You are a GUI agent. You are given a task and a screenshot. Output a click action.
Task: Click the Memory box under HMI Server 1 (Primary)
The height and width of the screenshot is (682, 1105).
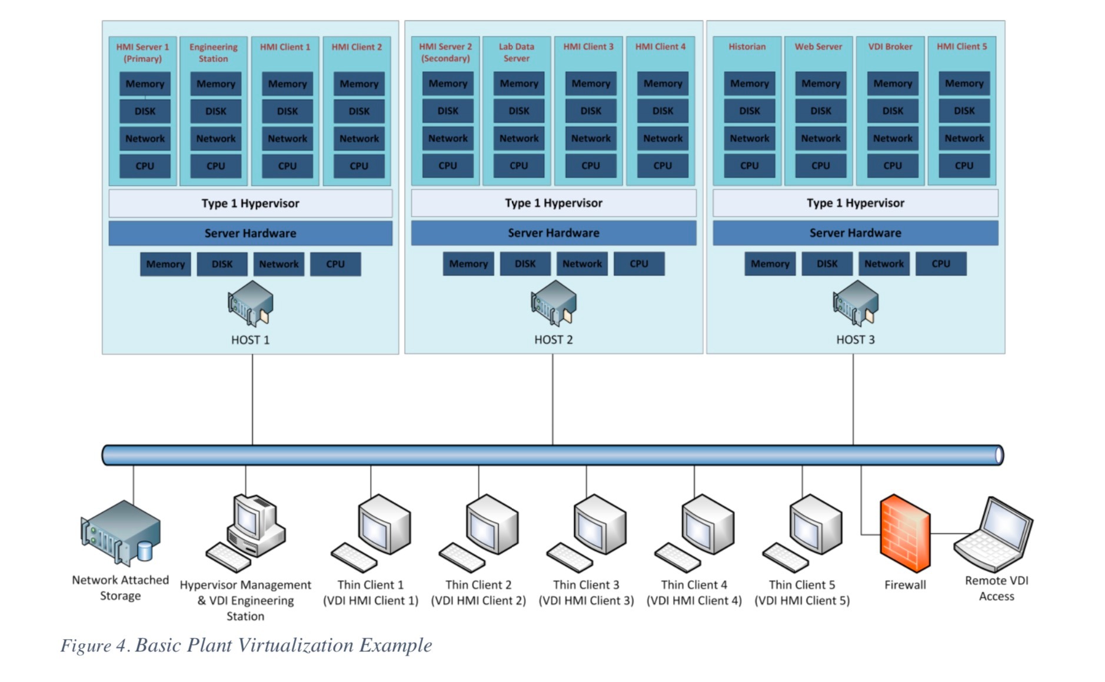[x=145, y=84]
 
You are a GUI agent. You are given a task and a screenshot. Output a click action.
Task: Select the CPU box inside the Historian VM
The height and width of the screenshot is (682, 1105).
[x=749, y=166]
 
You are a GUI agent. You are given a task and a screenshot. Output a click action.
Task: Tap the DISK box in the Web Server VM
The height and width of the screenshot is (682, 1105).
[x=820, y=111]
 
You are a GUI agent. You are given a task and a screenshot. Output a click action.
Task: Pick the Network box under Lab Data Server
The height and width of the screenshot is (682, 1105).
[x=518, y=138]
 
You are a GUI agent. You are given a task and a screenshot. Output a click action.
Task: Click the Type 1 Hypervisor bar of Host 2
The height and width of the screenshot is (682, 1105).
[x=553, y=203]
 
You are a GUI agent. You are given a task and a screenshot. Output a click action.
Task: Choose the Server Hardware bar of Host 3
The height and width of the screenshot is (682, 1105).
[x=855, y=233]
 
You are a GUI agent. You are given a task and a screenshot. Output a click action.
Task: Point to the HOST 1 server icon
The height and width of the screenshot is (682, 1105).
[x=251, y=303]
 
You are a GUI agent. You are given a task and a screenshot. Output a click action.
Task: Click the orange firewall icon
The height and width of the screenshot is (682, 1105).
[x=904, y=533]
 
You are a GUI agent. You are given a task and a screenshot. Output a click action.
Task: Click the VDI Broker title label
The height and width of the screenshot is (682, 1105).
[x=890, y=46]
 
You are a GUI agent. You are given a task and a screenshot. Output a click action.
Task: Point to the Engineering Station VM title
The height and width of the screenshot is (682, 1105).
[x=213, y=52]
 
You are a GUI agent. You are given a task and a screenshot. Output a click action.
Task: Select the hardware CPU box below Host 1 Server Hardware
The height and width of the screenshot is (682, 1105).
[x=335, y=264]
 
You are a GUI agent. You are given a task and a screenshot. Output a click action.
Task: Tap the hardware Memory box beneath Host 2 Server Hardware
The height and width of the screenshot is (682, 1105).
[x=468, y=264]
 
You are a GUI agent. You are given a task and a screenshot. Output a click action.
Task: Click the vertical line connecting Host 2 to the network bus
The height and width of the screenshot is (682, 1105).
[x=552, y=400]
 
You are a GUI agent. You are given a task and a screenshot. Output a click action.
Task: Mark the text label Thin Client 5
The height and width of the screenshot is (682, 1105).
[x=801, y=584]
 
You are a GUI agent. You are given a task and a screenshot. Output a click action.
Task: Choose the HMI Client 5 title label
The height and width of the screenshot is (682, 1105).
[x=961, y=46]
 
